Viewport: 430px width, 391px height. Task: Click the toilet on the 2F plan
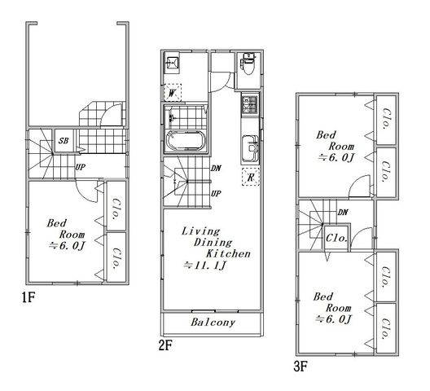coord(248,64)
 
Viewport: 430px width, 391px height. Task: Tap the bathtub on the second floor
coord(186,141)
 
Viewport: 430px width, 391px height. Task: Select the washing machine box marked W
coord(173,92)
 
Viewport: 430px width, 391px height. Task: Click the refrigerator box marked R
coord(250,177)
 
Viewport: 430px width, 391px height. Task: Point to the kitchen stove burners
coord(249,104)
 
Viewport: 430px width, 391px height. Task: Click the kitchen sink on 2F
coord(250,148)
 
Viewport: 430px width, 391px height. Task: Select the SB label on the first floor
coord(64,141)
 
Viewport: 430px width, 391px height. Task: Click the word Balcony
coord(213,322)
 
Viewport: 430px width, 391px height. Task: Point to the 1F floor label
coord(29,297)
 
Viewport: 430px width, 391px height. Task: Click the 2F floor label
coord(165,345)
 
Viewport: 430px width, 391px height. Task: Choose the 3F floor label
coord(301,367)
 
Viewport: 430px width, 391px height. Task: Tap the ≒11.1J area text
coord(205,266)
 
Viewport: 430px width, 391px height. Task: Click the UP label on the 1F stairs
coord(80,167)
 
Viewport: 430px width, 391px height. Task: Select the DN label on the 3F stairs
coord(343,212)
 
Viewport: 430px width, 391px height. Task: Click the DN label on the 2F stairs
coord(216,168)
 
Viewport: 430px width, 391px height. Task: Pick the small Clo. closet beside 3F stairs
coord(336,238)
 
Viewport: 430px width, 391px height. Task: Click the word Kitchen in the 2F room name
coord(228,254)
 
